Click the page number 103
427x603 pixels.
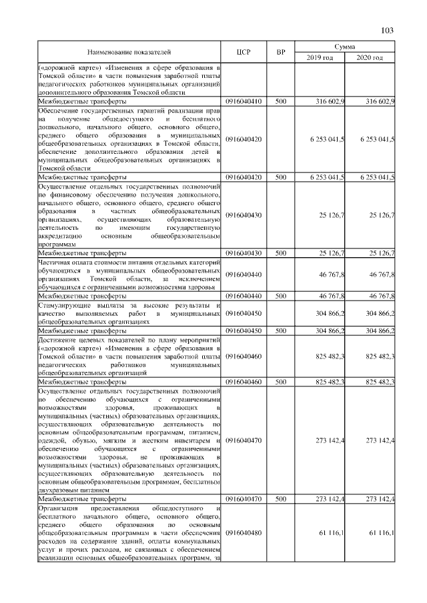point(388,30)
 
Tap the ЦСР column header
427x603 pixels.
point(244,51)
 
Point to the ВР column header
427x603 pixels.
point(281,51)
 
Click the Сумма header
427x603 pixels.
point(345,46)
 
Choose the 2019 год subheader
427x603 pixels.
point(320,57)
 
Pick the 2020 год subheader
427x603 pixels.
point(370,57)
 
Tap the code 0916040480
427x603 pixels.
point(244,532)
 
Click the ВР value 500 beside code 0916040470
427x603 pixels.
point(281,498)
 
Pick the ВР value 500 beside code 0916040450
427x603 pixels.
point(281,330)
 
